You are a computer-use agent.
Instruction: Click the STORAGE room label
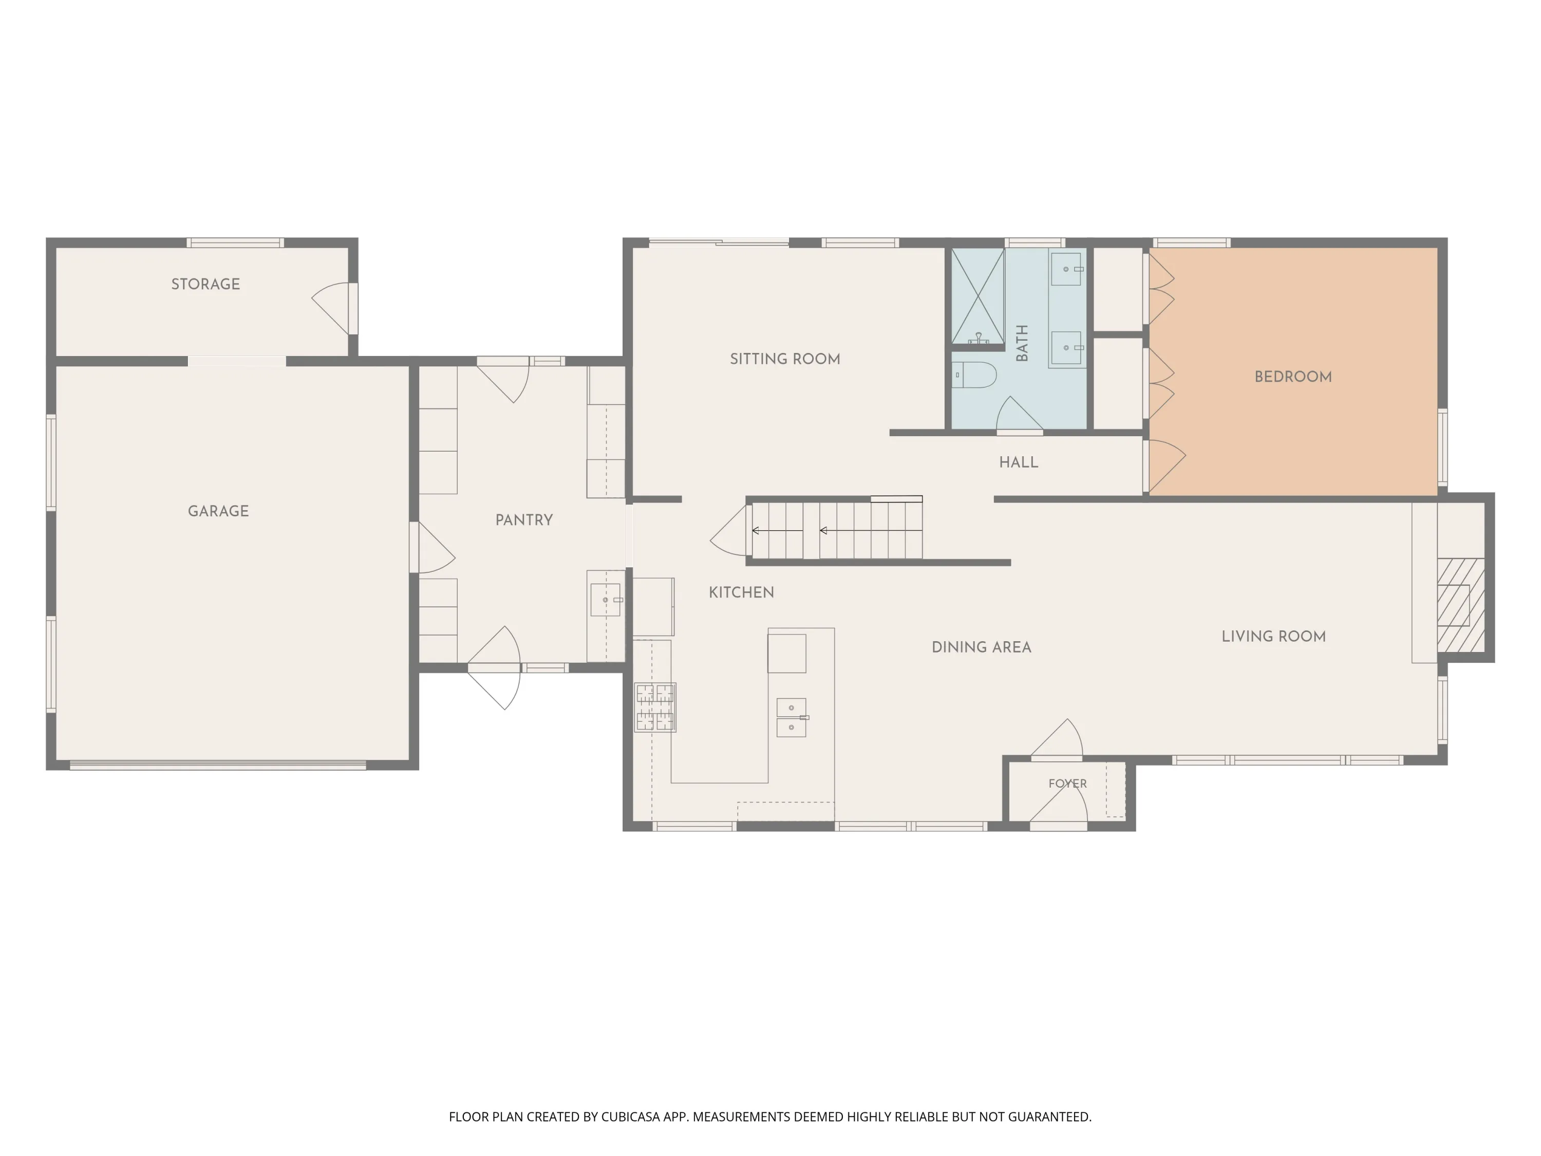pos(205,284)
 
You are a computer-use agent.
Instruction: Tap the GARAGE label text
pos(218,511)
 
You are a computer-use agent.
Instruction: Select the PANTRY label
pos(524,520)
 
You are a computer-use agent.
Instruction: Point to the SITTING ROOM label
pos(785,359)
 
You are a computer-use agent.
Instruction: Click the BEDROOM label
pos(1293,377)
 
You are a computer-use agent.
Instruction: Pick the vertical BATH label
pos(1022,343)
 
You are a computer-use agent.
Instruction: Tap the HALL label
pos(1019,462)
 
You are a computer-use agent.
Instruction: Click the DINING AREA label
pos(981,647)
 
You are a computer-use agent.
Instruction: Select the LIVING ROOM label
pos(1273,636)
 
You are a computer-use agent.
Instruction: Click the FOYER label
pos(1067,783)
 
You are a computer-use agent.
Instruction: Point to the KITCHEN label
pos(741,592)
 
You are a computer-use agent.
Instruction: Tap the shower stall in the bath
pos(978,296)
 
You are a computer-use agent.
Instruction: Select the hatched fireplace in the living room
pos(1461,605)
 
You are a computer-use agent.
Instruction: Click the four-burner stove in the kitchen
pos(655,707)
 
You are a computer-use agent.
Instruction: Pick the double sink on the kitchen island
pos(792,718)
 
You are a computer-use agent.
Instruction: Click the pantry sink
pos(606,600)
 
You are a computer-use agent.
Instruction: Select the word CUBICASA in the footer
pos(630,1117)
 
